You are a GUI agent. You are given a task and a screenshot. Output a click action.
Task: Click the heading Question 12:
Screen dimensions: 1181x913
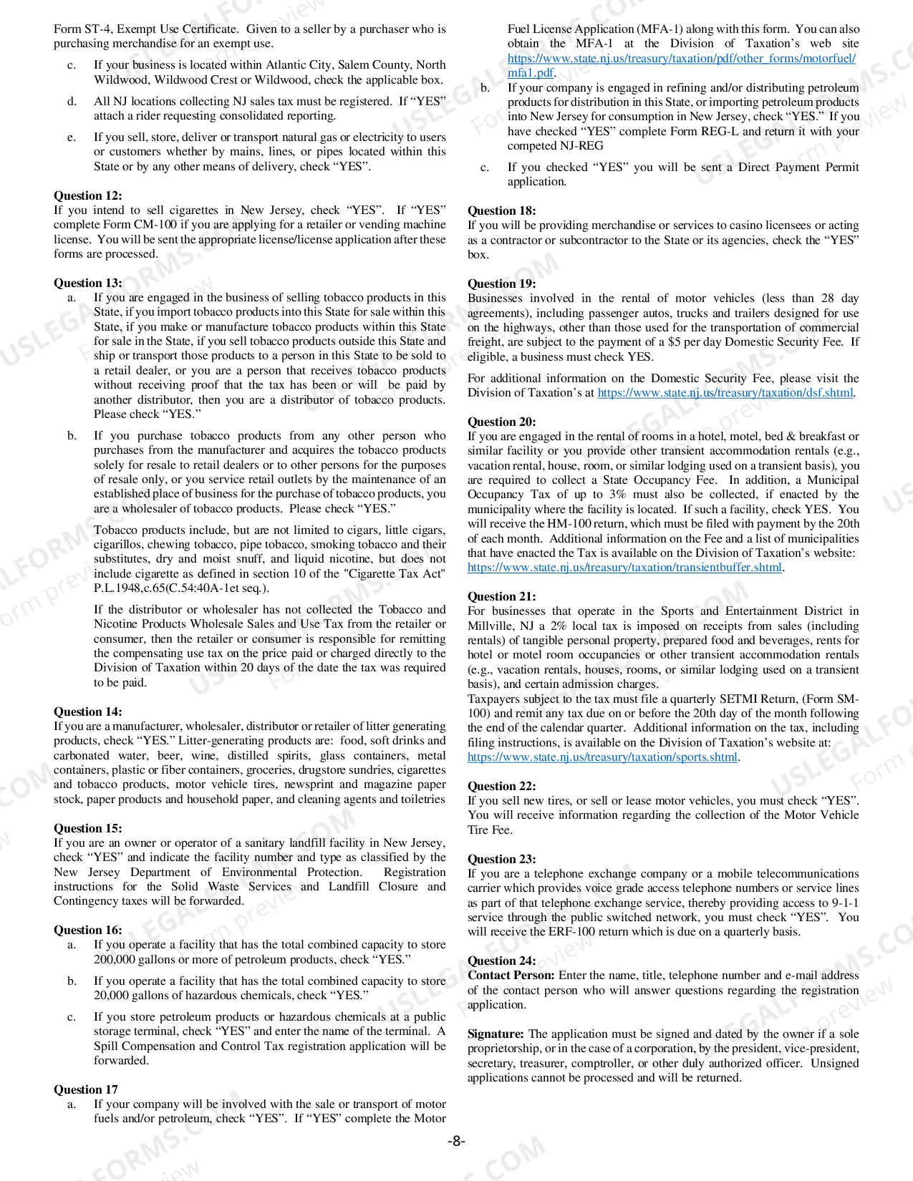(x=87, y=195)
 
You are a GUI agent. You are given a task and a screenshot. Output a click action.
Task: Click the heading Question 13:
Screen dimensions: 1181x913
(x=87, y=283)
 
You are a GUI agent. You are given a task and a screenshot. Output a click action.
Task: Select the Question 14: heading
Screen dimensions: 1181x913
(x=87, y=711)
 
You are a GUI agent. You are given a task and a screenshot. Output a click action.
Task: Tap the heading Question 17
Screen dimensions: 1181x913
(x=85, y=1089)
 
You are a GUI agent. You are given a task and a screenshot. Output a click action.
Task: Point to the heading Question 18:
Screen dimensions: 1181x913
(x=501, y=210)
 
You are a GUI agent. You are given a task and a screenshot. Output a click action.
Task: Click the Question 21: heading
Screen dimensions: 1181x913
(x=501, y=596)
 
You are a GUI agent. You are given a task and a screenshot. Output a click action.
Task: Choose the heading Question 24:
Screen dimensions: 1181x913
(x=501, y=961)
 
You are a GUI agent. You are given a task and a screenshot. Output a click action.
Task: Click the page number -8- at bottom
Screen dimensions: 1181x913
(x=456, y=1141)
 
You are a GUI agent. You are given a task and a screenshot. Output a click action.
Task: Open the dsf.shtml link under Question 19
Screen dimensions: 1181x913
(x=725, y=393)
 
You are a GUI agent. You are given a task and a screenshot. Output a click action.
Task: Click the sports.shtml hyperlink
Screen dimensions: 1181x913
(x=602, y=757)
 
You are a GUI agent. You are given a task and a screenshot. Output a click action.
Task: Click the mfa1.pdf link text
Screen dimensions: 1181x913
(x=531, y=73)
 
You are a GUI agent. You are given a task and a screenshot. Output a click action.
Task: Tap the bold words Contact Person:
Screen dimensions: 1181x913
(x=511, y=976)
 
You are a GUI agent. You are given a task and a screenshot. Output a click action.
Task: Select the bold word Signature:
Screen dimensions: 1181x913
(x=496, y=1034)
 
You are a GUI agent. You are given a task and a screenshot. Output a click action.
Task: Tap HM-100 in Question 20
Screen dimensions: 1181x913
(x=569, y=524)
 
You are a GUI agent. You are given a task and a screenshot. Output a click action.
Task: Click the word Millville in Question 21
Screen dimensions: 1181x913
(x=491, y=626)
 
